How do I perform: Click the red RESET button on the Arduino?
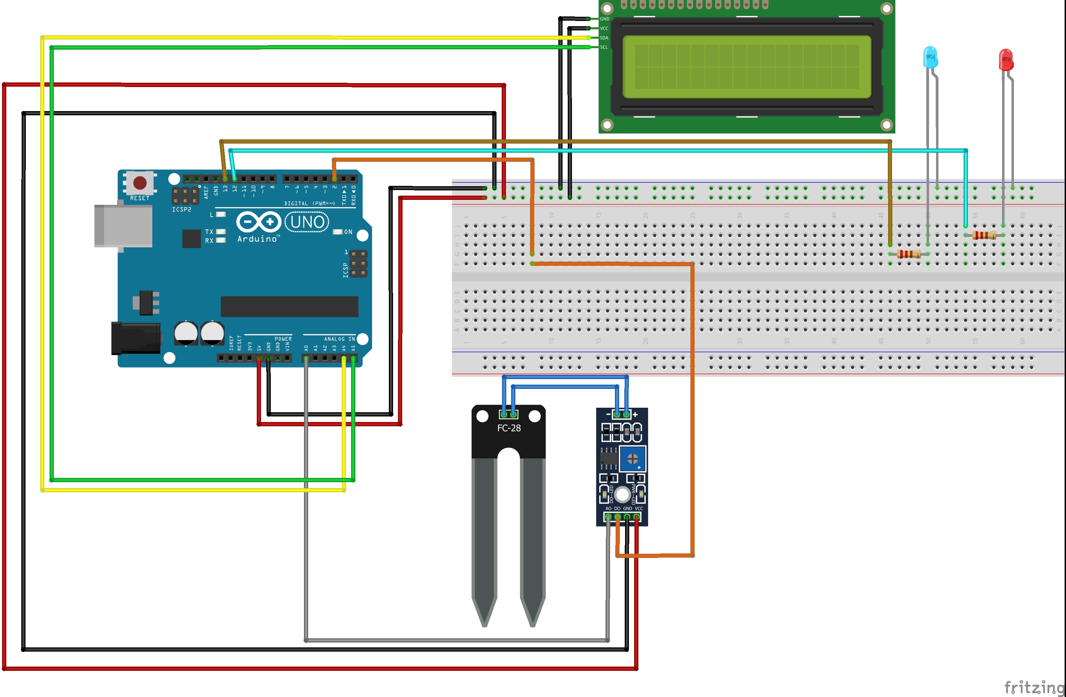click(x=140, y=183)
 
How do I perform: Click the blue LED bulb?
click(x=930, y=57)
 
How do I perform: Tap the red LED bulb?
click(x=1006, y=60)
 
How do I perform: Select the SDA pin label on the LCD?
click(x=604, y=38)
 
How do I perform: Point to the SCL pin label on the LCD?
click(x=604, y=47)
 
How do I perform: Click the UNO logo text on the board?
click(x=307, y=222)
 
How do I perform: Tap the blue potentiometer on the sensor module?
click(x=632, y=458)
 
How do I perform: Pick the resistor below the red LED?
click(x=984, y=235)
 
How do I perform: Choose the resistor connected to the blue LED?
click(x=909, y=254)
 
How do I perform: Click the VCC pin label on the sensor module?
click(x=639, y=508)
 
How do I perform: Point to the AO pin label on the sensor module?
click(x=608, y=508)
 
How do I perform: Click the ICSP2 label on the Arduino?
click(x=181, y=210)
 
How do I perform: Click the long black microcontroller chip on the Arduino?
click(x=289, y=306)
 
